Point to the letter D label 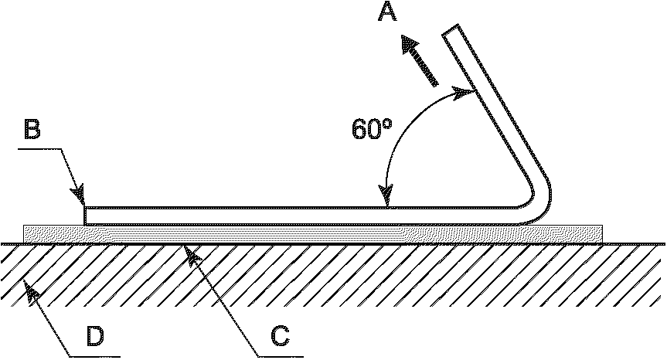pyautogui.click(x=94, y=336)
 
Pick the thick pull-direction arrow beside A pyautogui.click(x=418, y=59)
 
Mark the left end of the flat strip pyautogui.click(x=86, y=216)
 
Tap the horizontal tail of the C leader pyautogui.click(x=278, y=356)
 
